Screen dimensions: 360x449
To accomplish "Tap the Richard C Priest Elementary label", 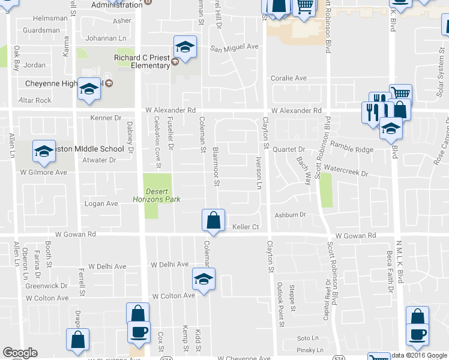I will tap(142, 62).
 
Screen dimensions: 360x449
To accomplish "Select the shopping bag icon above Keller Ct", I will tap(213, 220).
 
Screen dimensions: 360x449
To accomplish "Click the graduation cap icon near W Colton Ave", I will tap(203, 279).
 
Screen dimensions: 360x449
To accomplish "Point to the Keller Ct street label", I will tap(245, 227).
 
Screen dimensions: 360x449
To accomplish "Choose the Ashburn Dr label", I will tap(291, 214).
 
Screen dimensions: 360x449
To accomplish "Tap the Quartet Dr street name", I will tap(289, 149).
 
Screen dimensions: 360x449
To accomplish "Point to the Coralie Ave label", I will tap(288, 78).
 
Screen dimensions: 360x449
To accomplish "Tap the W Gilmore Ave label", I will tap(43, 172).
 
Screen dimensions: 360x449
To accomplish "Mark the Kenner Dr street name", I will tap(106, 118).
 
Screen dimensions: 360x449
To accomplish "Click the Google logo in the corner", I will tap(20, 353).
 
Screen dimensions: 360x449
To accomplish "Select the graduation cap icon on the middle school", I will tap(44, 152).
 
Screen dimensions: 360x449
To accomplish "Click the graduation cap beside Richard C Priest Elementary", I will tap(185, 47).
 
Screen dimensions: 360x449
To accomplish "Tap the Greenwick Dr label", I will tap(50, 286).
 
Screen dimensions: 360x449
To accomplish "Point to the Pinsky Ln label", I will tap(310, 350).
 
